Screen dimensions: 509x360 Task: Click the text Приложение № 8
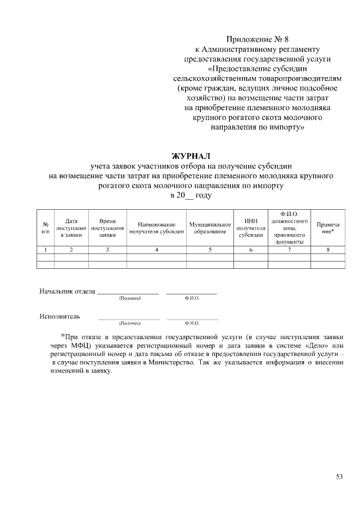[x=257, y=39]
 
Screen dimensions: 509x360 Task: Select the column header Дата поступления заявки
[x=71, y=228]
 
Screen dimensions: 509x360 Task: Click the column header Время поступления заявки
[x=107, y=228]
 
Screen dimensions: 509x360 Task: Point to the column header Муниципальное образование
[x=210, y=228]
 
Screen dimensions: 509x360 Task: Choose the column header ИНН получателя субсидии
[x=250, y=228]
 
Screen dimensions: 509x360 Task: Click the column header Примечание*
[x=327, y=228]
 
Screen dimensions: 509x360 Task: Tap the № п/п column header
[x=45, y=228]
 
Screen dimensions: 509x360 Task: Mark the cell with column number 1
[x=45, y=249]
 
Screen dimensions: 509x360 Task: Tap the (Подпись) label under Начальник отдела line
[x=129, y=299]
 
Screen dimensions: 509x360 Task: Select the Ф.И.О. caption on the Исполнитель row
[x=192, y=323]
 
